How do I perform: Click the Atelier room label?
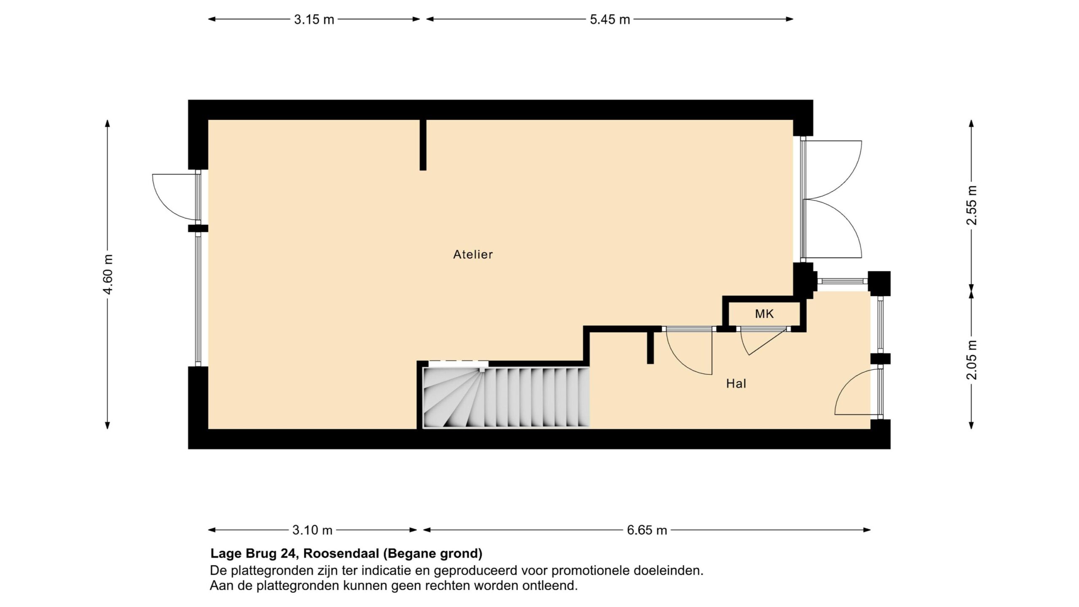pos(472,254)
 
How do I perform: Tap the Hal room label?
pos(736,383)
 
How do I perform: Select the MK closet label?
pos(764,314)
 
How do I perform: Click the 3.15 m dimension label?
pos(314,19)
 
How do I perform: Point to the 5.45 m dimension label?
pos(609,19)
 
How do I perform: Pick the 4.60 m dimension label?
pos(108,275)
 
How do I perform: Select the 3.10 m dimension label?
pos(312,530)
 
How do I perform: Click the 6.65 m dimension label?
pos(647,530)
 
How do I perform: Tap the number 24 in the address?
pos(288,553)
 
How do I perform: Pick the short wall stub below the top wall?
pos(423,145)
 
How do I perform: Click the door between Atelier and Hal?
pos(687,351)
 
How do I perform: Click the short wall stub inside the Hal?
pos(650,347)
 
